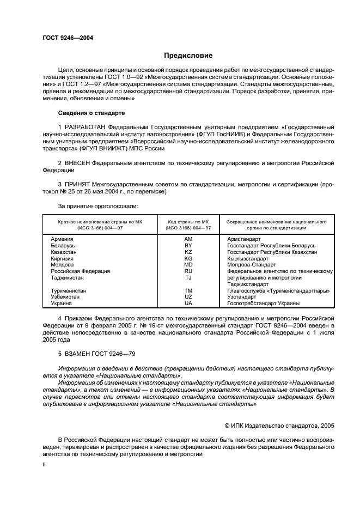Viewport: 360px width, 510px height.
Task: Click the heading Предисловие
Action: click(188, 56)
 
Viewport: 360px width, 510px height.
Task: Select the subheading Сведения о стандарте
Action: click(91, 113)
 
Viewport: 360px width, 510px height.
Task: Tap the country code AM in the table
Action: click(188, 239)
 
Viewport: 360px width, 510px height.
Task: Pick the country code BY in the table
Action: click(188, 246)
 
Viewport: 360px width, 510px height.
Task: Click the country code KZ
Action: click(188, 252)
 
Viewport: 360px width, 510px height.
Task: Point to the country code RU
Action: click(188, 271)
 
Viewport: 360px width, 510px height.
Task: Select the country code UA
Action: click(188, 303)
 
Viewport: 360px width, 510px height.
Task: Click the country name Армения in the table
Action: click(63, 239)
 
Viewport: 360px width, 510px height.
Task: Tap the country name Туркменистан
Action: click(69, 291)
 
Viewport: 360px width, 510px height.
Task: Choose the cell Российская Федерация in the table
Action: click(80, 271)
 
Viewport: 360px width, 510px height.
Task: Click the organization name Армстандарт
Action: click(244, 239)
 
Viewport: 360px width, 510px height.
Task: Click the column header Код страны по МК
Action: click(189, 222)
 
